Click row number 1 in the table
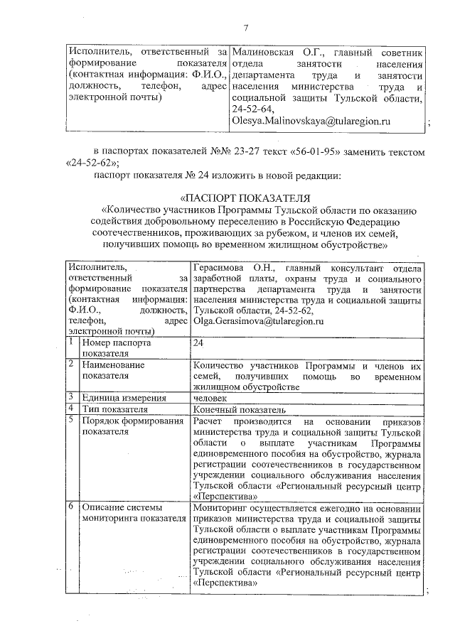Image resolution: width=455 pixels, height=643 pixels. (x=72, y=342)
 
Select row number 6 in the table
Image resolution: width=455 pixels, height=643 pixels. (x=72, y=508)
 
